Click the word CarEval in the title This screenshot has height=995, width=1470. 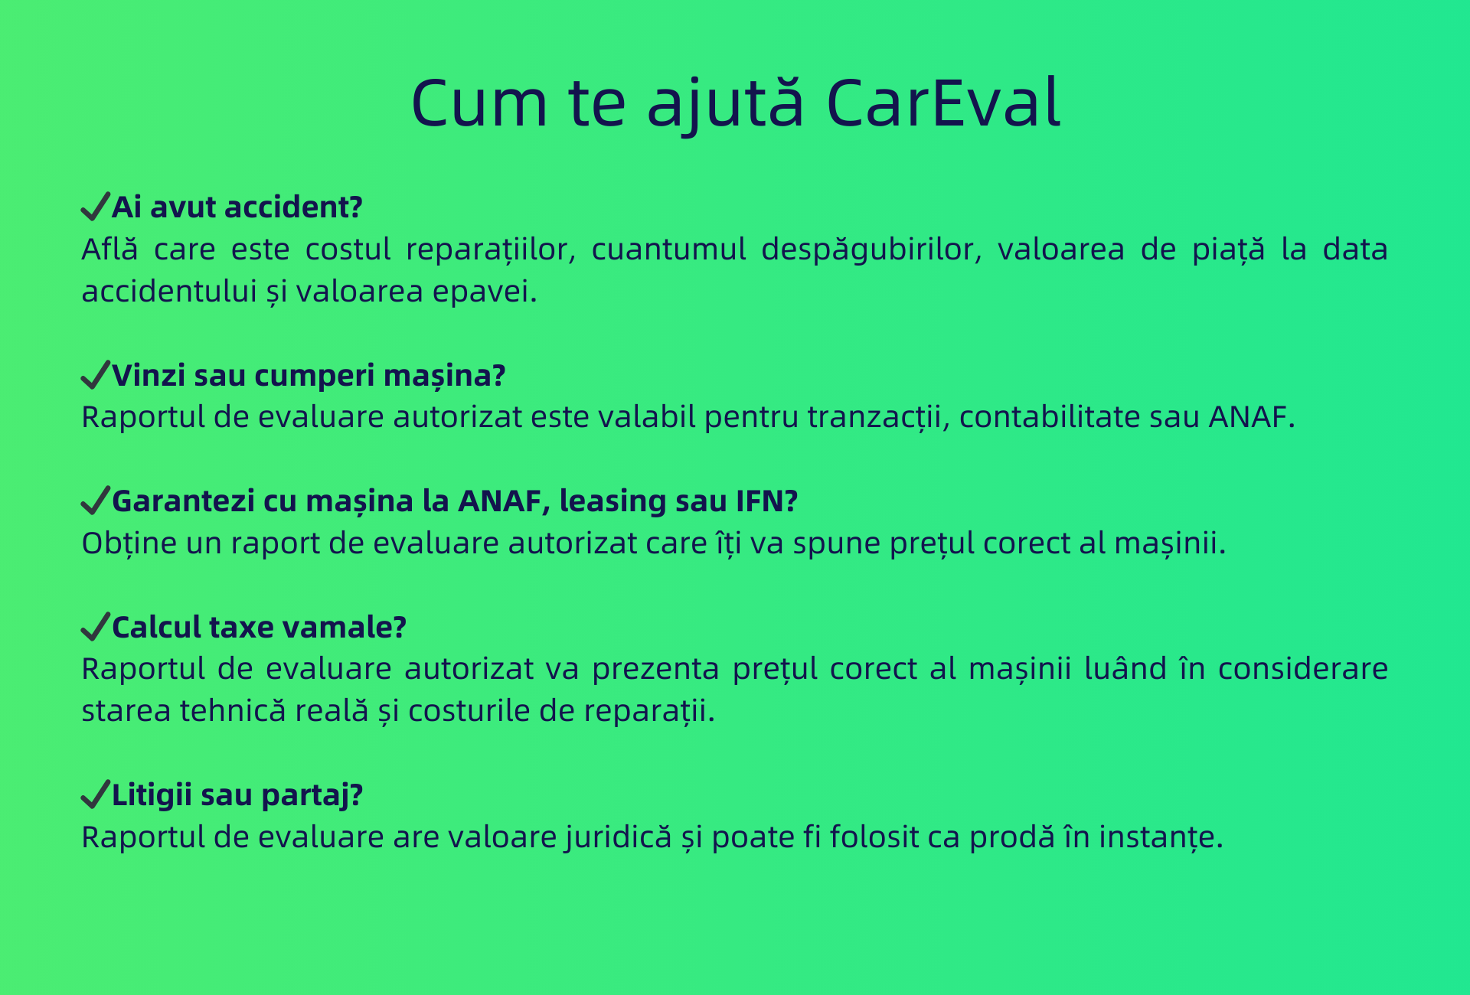click(x=943, y=103)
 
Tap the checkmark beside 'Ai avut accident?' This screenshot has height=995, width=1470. click(x=96, y=207)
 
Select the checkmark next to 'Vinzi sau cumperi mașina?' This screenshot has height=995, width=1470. click(x=96, y=375)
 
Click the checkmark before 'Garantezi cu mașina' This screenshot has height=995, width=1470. click(x=96, y=501)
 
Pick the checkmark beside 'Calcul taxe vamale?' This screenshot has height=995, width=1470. click(x=96, y=627)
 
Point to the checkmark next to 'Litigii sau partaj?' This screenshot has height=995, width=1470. click(x=96, y=794)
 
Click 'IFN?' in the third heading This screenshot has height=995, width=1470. click(x=767, y=501)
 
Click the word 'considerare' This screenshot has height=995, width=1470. click(x=1303, y=669)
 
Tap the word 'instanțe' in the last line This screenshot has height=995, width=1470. click(x=1158, y=837)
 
